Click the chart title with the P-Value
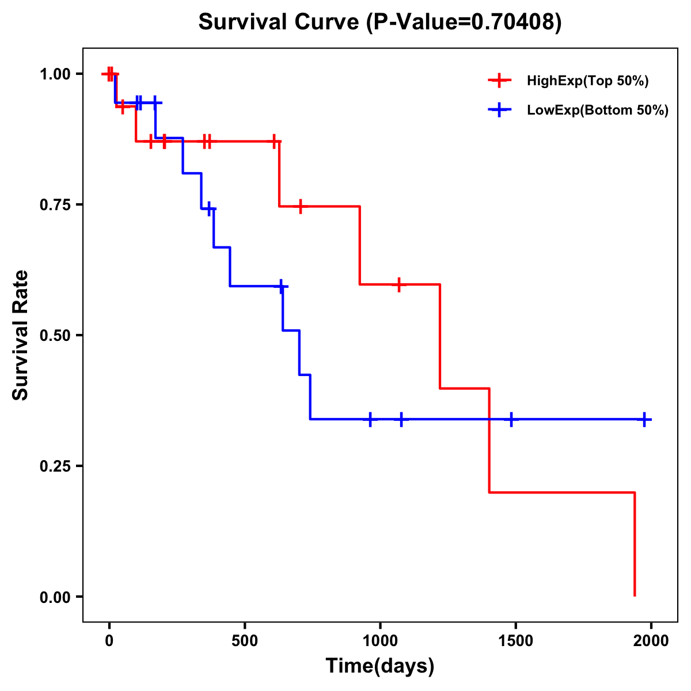tap(379, 22)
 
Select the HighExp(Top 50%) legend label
tap(588, 81)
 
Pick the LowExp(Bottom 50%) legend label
tap(598, 111)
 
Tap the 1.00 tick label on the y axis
tap(54, 74)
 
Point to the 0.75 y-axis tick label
tap(54, 205)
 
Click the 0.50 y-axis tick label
tap(54, 336)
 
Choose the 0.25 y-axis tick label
tap(54, 466)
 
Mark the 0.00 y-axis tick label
tap(54, 597)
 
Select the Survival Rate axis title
tap(21, 335)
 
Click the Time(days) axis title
tap(380, 666)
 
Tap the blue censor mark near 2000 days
tap(644, 420)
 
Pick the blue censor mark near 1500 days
tap(511, 420)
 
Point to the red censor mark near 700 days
tap(300, 206)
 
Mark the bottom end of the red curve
tap(635, 595)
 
